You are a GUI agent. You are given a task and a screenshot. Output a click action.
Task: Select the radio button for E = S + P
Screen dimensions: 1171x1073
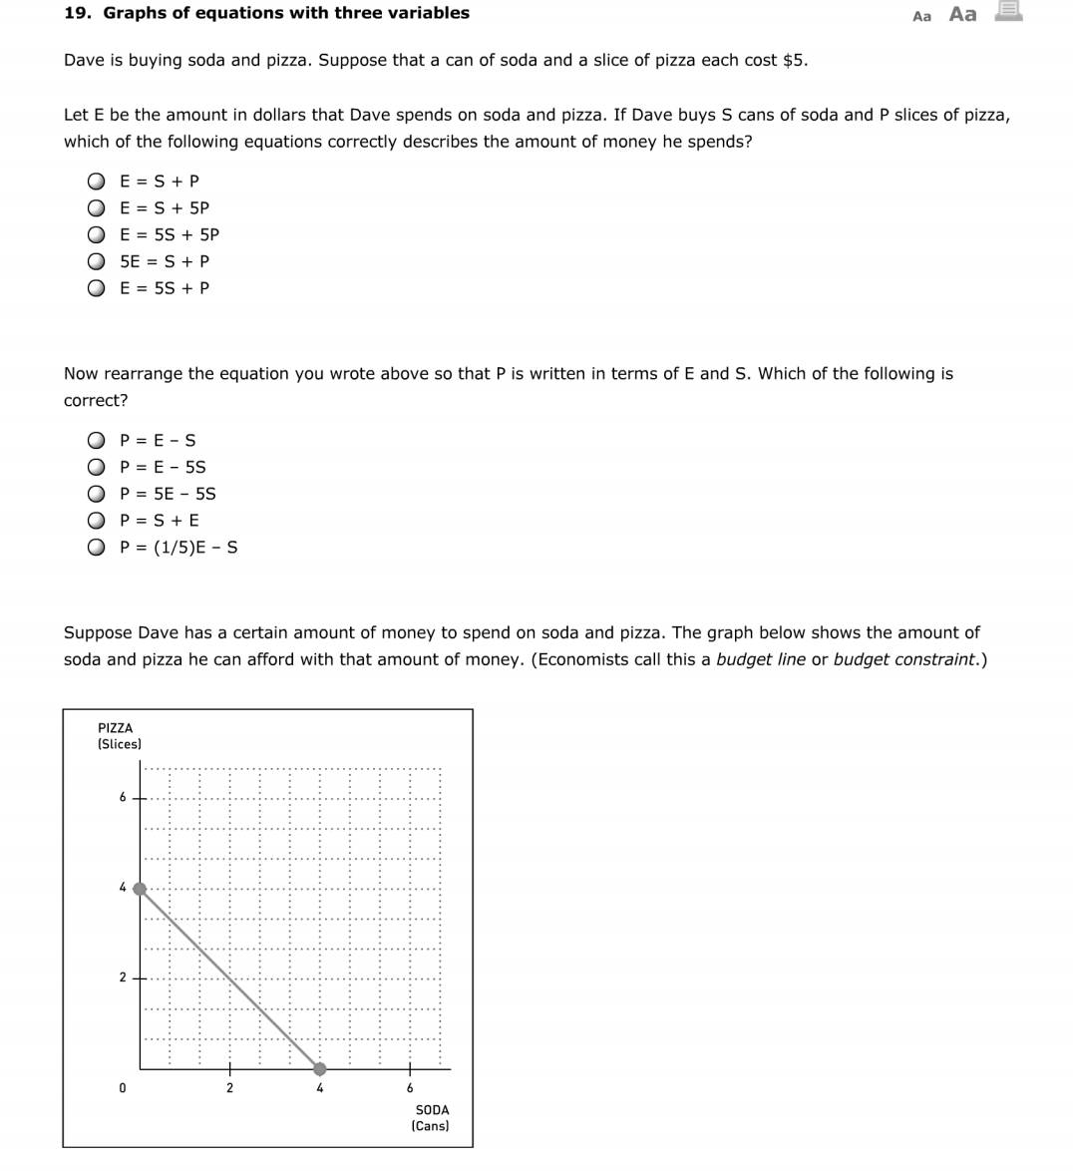(96, 182)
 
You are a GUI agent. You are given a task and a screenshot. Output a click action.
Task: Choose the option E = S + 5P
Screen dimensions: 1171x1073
(96, 208)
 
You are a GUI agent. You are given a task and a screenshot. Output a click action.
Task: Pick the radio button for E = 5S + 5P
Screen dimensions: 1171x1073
(96, 235)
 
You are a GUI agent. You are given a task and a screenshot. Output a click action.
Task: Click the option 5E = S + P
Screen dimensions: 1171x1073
(96, 262)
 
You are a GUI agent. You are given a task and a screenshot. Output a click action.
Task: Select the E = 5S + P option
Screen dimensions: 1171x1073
(96, 289)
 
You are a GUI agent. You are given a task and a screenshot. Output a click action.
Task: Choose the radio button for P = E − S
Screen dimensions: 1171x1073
(96, 441)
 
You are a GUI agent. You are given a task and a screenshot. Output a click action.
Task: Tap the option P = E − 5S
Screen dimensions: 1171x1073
(96, 468)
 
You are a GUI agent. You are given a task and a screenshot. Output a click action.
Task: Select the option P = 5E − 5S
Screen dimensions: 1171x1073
(96, 495)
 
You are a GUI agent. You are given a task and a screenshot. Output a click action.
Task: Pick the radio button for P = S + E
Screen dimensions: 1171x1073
(96, 521)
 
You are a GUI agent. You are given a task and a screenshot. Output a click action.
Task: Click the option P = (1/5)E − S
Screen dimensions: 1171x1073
(96, 548)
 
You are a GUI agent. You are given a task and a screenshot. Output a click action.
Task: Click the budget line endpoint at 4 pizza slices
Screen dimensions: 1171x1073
(141, 888)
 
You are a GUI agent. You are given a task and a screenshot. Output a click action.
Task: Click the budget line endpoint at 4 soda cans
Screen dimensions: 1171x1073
(319, 1068)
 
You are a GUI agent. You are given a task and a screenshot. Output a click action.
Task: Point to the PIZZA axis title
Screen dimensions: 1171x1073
(116, 729)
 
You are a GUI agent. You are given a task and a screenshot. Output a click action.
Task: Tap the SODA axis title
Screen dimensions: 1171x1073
(431, 1110)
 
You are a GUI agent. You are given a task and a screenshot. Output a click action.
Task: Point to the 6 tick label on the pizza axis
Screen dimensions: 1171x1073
(123, 797)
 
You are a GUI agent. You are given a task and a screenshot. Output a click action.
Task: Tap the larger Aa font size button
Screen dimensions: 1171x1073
(962, 14)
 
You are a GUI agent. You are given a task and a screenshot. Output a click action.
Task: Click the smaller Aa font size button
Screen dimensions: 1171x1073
(921, 16)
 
